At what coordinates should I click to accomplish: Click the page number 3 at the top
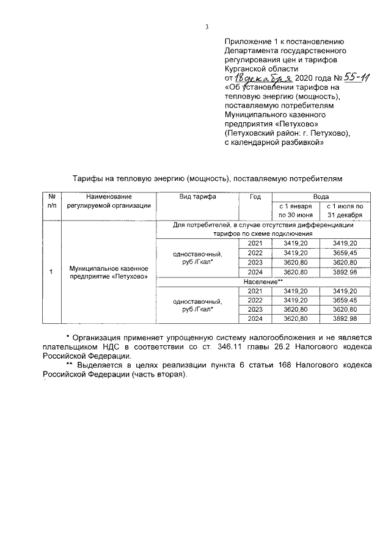[207, 26]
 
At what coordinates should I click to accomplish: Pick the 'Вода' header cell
[321, 197]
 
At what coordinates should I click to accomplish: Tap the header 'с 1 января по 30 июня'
[296, 211]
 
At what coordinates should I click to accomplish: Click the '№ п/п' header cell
[51, 201]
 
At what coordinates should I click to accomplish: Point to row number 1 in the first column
[51, 271]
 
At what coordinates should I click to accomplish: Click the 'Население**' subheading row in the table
[263, 281]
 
